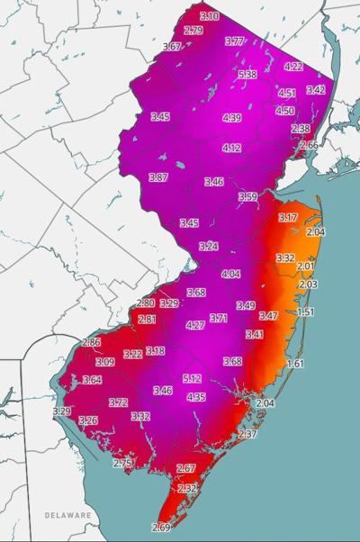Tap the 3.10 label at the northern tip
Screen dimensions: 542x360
point(210,16)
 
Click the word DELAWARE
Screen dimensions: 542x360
point(68,515)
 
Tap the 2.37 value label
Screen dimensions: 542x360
point(248,435)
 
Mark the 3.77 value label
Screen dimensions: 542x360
point(235,41)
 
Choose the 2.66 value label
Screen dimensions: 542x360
point(309,145)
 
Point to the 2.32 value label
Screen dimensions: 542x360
point(187,488)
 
